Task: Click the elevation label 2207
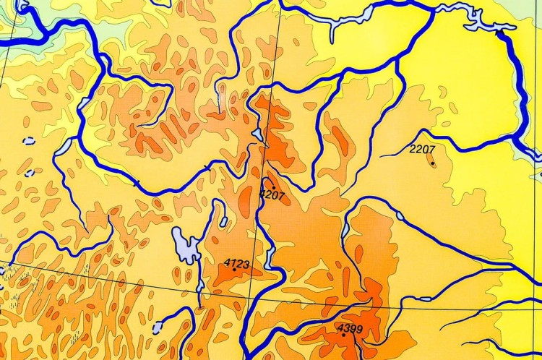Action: (422, 150)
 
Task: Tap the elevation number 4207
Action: (272, 194)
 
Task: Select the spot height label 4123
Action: (237, 265)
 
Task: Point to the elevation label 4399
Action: (350, 329)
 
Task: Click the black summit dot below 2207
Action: (432, 163)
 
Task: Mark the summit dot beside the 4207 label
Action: (273, 188)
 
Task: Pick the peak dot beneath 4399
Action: (343, 335)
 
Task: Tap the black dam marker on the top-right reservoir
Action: (499, 32)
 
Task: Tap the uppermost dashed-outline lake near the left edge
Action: (29, 141)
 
